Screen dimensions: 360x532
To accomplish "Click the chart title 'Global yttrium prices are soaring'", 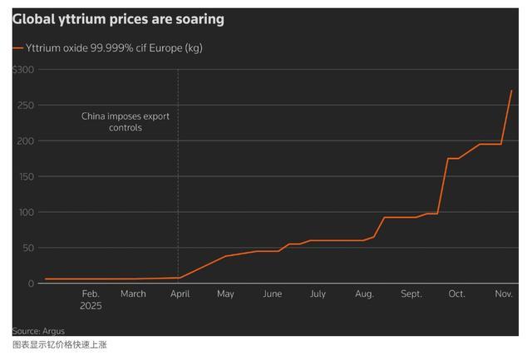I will [117, 18].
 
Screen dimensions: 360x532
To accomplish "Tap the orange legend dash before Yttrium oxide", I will [18, 48].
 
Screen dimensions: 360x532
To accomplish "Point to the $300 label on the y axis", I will [23, 70].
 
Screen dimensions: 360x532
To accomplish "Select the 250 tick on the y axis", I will [26, 106].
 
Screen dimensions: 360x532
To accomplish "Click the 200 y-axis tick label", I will [26, 141].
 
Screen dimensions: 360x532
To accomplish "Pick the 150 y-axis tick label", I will [26, 177].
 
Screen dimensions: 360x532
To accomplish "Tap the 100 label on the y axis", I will [26, 212].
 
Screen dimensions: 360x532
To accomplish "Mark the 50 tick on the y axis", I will [27, 248].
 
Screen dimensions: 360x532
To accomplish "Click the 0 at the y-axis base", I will [31, 284].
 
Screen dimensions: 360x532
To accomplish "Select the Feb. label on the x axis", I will [91, 293].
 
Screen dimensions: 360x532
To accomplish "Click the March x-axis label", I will [133, 293].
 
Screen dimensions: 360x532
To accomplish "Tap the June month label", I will [272, 293].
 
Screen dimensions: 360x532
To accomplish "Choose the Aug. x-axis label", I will [364, 293].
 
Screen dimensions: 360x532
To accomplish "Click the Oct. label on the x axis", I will [456, 293].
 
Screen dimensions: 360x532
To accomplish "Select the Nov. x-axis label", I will [504, 293].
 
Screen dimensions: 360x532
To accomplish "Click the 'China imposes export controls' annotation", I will [126, 122].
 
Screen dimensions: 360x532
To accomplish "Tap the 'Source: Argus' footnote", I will [38, 331].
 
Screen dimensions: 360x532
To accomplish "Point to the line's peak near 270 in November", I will [511, 91].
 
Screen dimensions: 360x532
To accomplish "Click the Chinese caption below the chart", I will [60, 345].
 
